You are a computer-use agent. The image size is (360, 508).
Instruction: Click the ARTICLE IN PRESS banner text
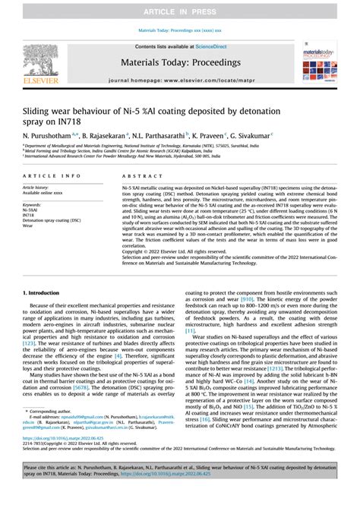coord(180,12)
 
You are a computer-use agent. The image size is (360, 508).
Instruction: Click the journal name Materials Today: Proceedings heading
coord(180,64)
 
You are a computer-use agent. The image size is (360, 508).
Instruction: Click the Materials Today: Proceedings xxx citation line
coord(180,30)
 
